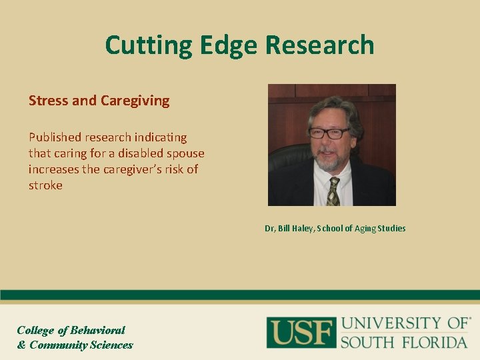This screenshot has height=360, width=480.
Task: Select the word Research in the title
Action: point(320,46)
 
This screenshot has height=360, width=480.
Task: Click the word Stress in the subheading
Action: point(48,101)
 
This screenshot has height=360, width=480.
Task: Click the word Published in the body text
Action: point(55,137)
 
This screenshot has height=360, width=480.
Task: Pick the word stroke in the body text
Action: point(45,185)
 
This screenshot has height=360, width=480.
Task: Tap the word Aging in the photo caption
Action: point(363,229)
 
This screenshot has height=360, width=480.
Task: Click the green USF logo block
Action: point(300,333)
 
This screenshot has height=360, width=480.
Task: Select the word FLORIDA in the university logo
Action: point(437,342)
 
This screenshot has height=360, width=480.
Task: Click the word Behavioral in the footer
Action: point(98,330)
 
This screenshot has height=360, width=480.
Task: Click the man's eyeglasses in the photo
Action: point(329,133)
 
